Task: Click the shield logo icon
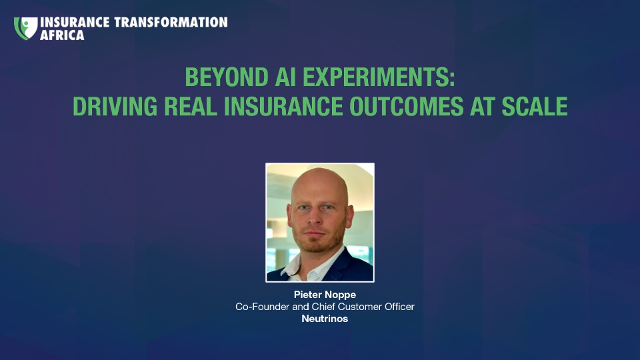(25, 28)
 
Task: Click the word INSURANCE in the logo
(75, 22)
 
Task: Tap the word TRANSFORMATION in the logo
(171, 22)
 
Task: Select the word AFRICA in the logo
(62, 35)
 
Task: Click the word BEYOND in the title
(227, 77)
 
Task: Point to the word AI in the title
(285, 77)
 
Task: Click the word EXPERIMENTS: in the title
(379, 77)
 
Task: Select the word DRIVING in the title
(115, 107)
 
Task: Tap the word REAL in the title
(191, 107)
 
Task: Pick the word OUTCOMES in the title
(407, 107)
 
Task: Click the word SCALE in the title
(534, 107)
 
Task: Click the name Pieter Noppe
(325, 295)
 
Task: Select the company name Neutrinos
(325, 319)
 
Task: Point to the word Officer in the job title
(399, 307)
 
